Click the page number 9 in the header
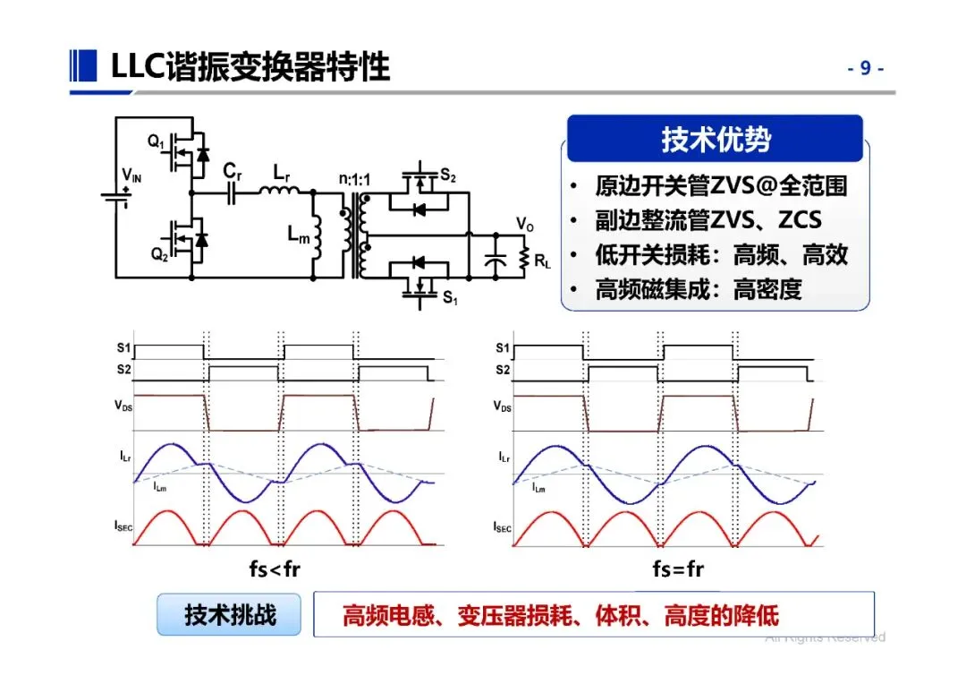pos(865,68)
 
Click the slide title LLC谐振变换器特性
pos(250,67)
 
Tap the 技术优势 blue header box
pos(716,140)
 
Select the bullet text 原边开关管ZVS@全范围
pos(721,185)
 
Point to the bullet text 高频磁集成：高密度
pos(699,288)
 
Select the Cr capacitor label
pos(233,171)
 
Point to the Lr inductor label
pos(282,171)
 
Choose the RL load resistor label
pos(543,262)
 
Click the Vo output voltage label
pos(525,223)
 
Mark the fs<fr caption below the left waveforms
pos(275,569)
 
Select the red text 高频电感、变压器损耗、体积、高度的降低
pos(561,615)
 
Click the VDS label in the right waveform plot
pos(503,406)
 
